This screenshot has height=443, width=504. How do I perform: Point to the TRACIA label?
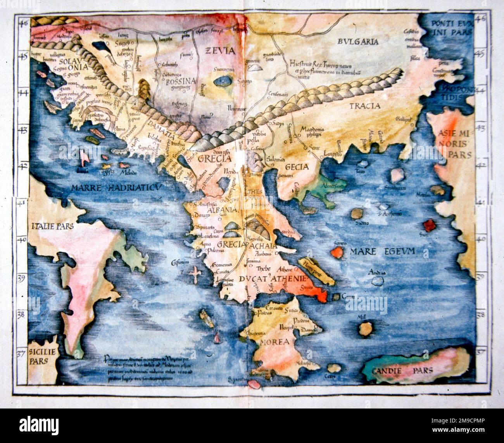pos(365,105)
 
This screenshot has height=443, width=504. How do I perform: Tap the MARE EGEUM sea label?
pos(382,252)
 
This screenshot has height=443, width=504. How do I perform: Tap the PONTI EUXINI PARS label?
pos(451,26)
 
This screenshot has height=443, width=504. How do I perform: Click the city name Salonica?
pos(276,159)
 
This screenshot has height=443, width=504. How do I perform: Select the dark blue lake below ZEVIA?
pos(222,81)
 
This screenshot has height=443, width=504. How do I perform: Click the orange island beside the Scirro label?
pos(337,253)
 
